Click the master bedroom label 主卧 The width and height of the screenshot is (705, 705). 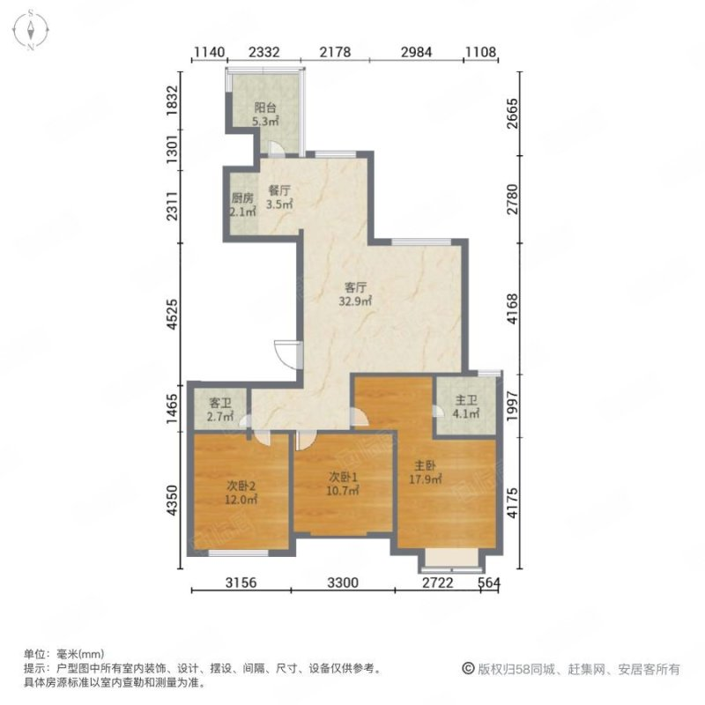tap(427, 468)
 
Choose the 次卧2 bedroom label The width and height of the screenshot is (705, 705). tap(241, 486)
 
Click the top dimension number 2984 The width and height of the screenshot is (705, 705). tap(417, 52)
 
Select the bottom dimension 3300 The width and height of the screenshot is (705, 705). tap(344, 583)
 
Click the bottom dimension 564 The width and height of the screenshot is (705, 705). tap(489, 583)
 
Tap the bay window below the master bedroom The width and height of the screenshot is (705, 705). tap(450, 560)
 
